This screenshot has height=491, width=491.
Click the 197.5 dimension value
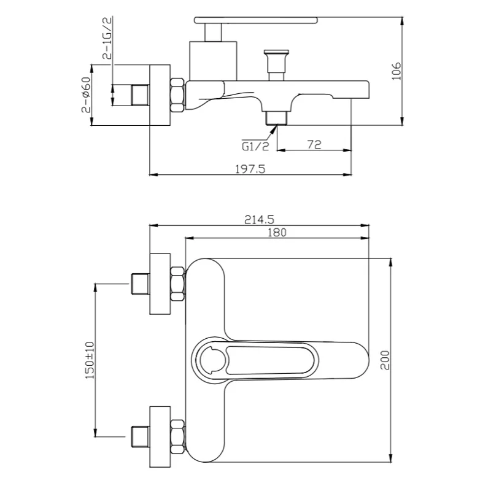click(x=250, y=169)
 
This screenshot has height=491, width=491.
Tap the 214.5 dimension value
click(x=259, y=220)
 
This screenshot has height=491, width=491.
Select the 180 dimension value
click(x=277, y=233)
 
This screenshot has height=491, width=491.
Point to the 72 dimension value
click(x=314, y=145)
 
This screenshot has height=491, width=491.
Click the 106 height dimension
click(x=396, y=71)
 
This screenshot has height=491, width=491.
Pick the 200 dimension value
click(x=385, y=360)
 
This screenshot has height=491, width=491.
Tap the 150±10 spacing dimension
click(x=90, y=360)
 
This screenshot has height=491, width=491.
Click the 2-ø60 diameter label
click(x=86, y=95)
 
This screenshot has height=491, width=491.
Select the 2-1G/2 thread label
click(x=107, y=38)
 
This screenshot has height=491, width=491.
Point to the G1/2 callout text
click(x=255, y=146)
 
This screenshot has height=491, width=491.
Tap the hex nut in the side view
click(x=177, y=95)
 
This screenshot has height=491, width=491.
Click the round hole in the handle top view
click(x=212, y=360)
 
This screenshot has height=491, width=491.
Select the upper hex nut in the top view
click(x=177, y=284)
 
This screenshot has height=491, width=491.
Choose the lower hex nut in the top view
click(x=177, y=437)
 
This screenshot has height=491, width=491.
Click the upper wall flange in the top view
click(x=160, y=284)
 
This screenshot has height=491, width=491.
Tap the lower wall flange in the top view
click(x=160, y=437)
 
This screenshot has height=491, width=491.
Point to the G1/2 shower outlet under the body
click(x=276, y=118)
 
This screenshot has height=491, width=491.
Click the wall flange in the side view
click(x=160, y=95)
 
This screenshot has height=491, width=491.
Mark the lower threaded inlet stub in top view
click(x=141, y=437)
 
